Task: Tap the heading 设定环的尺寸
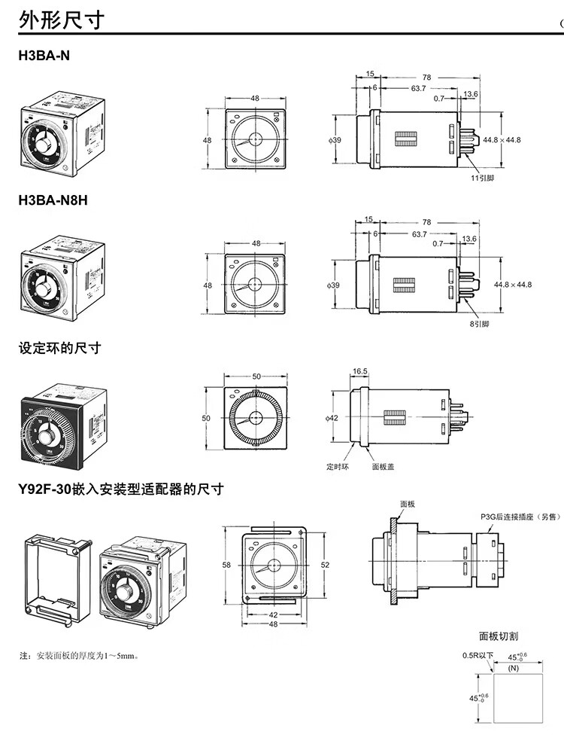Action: (59, 348)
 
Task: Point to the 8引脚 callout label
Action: (479, 324)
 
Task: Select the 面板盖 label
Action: (383, 466)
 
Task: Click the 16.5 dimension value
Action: (359, 371)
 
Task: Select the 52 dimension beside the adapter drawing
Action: (325, 564)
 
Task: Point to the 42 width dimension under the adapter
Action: (273, 614)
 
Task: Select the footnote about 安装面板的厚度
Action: (79, 656)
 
